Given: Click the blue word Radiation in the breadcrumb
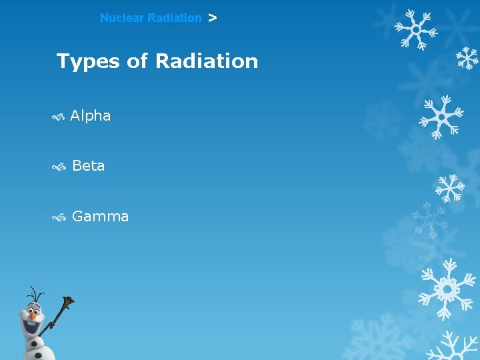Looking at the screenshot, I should click(x=174, y=19).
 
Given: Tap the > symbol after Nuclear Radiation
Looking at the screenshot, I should click(x=212, y=19).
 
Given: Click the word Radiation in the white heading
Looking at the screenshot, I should click(x=206, y=62).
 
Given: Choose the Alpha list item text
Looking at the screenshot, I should click(x=90, y=116).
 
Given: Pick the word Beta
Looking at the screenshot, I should click(x=88, y=166).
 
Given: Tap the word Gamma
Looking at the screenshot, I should click(x=100, y=217).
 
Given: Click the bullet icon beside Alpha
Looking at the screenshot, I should click(x=58, y=117).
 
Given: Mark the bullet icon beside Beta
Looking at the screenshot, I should click(x=59, y=167).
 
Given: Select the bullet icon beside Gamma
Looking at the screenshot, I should click(x=59, y=217).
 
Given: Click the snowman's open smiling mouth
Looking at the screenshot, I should click(x=30, y=324).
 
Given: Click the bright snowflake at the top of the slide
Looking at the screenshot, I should click(x=415, y=30).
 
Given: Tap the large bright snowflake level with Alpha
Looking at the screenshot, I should click(x=441, y=116).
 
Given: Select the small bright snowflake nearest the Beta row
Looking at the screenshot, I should click(x=449, y=188).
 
